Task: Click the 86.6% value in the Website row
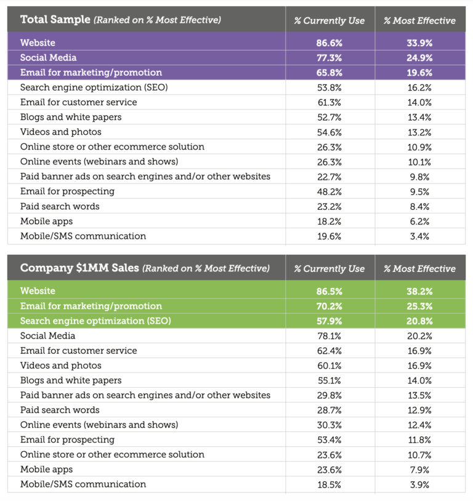pyautogui.click(x=329, y=43)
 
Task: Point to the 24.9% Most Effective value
pyautogui.click(x=419, y=58)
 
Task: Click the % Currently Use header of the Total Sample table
pyautogui.click(x=329, y=20)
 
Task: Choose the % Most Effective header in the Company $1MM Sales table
pyautogui.click(x=419, y=269)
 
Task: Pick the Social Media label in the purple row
pyautogui.click(x=48, y=57)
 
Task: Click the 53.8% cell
pyautogui.click(x=329, y=87)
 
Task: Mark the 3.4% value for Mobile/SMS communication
pyautogui.click(x=419, y=236)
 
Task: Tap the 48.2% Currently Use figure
pyautogui.click(x=329, y=191)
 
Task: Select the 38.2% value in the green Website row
pyautogui.click(x=419, y=291)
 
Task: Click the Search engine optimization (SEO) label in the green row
pyautogui.click(x=95, y=321)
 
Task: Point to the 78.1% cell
pyautogui.click(x=329, y=336)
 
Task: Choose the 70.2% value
pyautogui.click(x=329, y=307)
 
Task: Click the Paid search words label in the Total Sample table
pyautogui.click(x=60, y=206)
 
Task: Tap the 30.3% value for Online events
pyautogui.click(x=329, y=425)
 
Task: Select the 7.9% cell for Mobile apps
pyautogui.click(x=419, y=470)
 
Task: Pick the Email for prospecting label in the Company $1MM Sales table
pyautogui.click(x=68, y=439)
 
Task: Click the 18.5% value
pyautogui.click(x=329, y=485)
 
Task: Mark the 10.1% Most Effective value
pyautogui.click(x=419, y=162)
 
